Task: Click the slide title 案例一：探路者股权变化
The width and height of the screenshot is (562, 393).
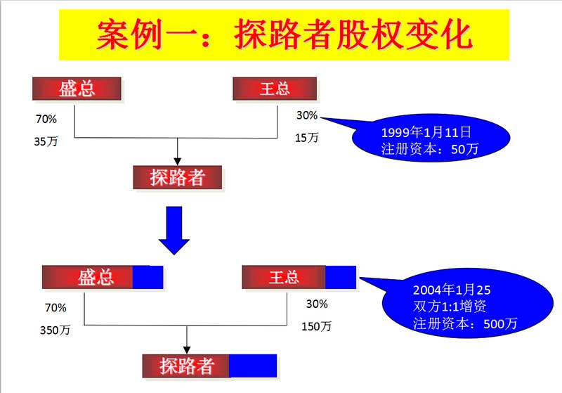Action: [284, 34]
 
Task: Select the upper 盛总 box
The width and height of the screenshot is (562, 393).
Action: [77, 89]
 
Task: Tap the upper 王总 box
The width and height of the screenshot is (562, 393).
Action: [275, 89]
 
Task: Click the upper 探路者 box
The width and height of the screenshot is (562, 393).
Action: [178, 177]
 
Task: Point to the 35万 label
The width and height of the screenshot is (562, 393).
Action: [46, 141]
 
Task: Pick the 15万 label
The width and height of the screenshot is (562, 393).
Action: [306, 137]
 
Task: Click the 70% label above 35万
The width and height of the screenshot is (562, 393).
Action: [46, 119]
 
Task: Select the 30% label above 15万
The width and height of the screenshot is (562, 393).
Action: [307, 115]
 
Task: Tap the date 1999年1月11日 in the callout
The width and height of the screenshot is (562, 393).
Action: [426, 132]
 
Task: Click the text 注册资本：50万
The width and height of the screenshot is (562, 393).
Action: [430, 148]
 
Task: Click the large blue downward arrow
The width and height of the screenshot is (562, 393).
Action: [174, 231]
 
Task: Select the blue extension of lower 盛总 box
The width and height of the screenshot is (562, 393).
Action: [148, 277]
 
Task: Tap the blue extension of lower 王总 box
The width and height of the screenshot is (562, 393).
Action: [341, 277]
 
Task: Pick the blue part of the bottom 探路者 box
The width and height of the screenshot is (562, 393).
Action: [253, 366]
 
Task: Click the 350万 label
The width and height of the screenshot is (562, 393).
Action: [55, 330]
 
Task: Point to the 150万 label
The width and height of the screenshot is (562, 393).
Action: [316, 326]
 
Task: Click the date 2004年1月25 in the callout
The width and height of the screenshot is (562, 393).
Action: [452, 290]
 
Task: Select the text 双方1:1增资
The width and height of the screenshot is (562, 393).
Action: [450, 307]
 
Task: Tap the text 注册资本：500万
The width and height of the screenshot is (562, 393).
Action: [465, 323]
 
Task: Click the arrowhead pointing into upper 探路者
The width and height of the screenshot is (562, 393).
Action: [178, 162]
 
